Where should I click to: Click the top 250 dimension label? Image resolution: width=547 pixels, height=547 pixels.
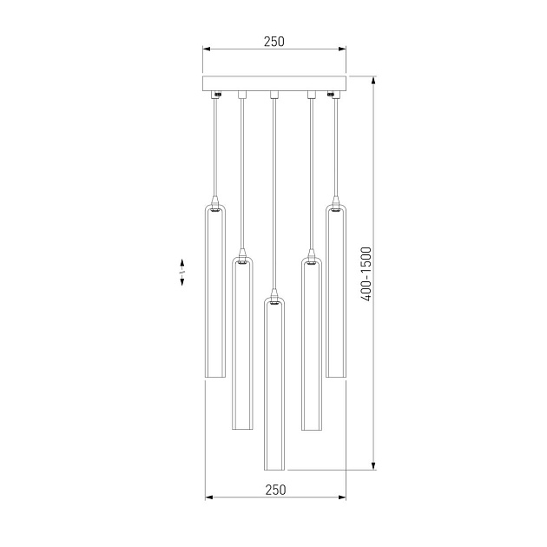273,42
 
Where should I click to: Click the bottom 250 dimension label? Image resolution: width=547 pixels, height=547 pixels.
275,490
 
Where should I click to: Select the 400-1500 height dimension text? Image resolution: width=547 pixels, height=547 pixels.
366,273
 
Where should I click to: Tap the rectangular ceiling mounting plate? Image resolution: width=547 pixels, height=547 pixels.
274,83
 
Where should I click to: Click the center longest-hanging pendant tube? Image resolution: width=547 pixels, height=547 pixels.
273,384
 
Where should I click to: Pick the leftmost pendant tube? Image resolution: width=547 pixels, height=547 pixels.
215,291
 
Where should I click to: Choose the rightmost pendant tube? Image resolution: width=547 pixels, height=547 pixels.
336,291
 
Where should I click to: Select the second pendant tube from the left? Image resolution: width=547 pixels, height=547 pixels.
242,344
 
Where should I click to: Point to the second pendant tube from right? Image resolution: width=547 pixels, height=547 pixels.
312,344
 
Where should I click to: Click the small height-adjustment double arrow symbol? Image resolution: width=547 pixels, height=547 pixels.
181,273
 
